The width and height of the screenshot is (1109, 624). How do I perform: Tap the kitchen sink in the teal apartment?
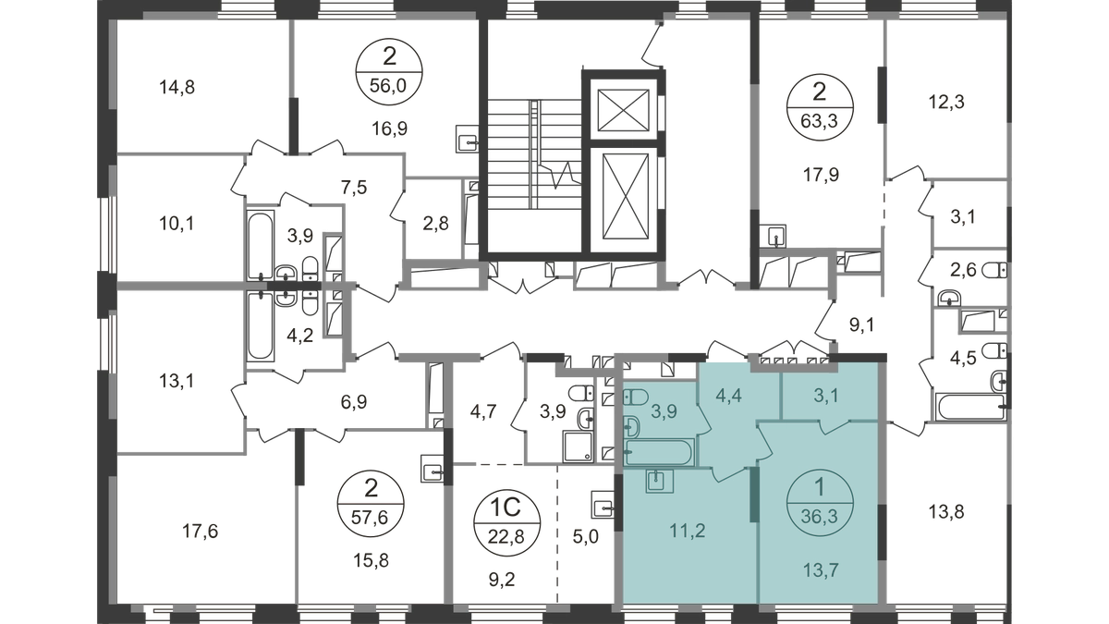click(x=655, y=480)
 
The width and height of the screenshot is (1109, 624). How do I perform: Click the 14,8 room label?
click(x=178, y=89)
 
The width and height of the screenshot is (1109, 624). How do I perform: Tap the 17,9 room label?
click(x=814, y=170)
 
